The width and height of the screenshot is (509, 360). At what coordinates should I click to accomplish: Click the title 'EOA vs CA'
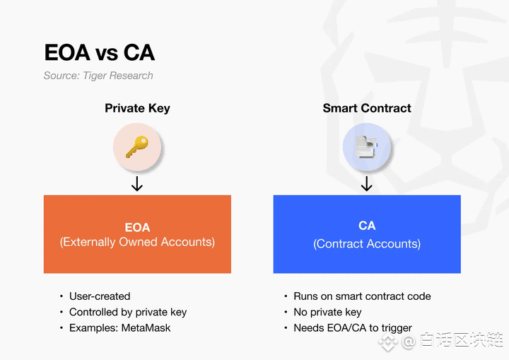click(x=100, y=52)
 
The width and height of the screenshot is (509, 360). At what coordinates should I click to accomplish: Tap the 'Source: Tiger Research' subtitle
click(x=98, y=76)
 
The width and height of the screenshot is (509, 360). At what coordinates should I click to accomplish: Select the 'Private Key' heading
click(x=137, y=108)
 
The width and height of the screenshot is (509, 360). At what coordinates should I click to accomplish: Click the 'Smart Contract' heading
click(x=367, y=108)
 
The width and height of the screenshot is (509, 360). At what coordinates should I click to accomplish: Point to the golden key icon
click(x=137, y=147)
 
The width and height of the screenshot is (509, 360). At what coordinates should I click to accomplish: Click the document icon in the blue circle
click(x=366, y=147)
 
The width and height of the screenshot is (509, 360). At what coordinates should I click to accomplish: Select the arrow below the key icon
click(x=137, y=184)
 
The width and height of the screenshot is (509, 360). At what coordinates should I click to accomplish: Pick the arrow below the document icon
click(x=367, y=184)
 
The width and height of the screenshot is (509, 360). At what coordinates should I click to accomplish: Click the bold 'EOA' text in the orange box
click(x=137, y=228)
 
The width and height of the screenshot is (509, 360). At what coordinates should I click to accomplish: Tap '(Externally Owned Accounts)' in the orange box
click(x=137, y=242)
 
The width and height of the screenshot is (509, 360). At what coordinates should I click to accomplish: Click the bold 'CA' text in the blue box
click(x=367, y=226)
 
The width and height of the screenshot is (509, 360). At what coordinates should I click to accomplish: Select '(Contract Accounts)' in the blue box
click(x=367, y=244)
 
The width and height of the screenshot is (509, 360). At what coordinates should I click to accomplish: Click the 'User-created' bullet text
click(x=100, y=296)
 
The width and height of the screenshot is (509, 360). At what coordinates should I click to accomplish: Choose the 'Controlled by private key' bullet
click(x=128, y=312)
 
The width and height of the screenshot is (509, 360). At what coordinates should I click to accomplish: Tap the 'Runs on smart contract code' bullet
click(x=362, y=296)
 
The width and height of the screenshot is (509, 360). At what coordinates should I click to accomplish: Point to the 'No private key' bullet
click(x=327, y=312)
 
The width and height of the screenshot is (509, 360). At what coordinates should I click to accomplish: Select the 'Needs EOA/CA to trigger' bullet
click(x=353, y=328)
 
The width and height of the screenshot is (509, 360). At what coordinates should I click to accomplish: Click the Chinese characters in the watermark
click(x=462, y=340)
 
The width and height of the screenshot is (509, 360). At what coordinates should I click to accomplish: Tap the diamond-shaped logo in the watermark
click(x=387, y=342)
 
